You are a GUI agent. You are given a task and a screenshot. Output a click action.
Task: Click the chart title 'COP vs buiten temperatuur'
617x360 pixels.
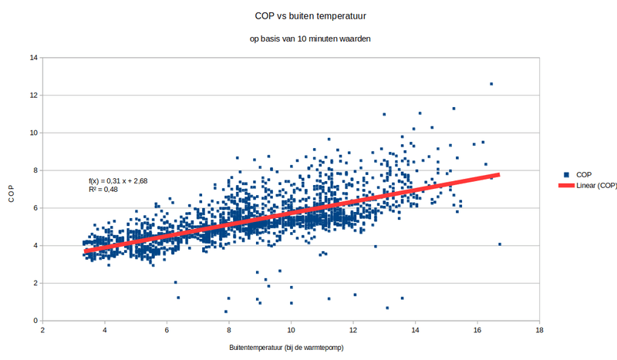click(309, 15)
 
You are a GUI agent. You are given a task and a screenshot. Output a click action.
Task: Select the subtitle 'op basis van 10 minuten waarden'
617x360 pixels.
click(309, 38)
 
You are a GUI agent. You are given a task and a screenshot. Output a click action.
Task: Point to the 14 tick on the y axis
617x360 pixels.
click(34, 58)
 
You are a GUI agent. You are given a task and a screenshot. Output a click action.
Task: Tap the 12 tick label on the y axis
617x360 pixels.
click(34, 96)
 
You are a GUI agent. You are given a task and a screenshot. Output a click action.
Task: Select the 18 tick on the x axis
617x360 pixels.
click(538, 330)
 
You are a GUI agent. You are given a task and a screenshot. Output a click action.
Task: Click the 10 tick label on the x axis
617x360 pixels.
click(291, 330)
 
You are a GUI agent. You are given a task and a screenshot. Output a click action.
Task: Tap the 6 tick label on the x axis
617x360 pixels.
click(167, 330)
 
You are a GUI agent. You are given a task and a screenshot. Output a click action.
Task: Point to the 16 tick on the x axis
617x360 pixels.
click(477, 330)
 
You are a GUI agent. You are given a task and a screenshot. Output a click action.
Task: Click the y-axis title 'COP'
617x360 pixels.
click(12, 190)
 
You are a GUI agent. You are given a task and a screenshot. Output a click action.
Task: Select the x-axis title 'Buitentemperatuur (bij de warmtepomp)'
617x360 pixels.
click(285, 348)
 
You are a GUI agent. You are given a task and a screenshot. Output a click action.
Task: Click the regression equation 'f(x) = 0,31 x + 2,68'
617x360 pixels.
click(118, 180)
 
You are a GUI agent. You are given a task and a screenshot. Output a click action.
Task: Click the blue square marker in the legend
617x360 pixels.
click(567, 175)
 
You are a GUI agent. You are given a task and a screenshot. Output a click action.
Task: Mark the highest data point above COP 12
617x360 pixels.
click(491, 84)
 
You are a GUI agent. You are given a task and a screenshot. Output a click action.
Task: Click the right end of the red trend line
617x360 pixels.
click(498, 175)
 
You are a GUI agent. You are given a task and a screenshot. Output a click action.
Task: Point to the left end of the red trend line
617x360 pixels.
click(86, 251)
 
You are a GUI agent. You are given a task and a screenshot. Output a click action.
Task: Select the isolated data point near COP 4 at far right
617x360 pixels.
click(500, 244)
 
